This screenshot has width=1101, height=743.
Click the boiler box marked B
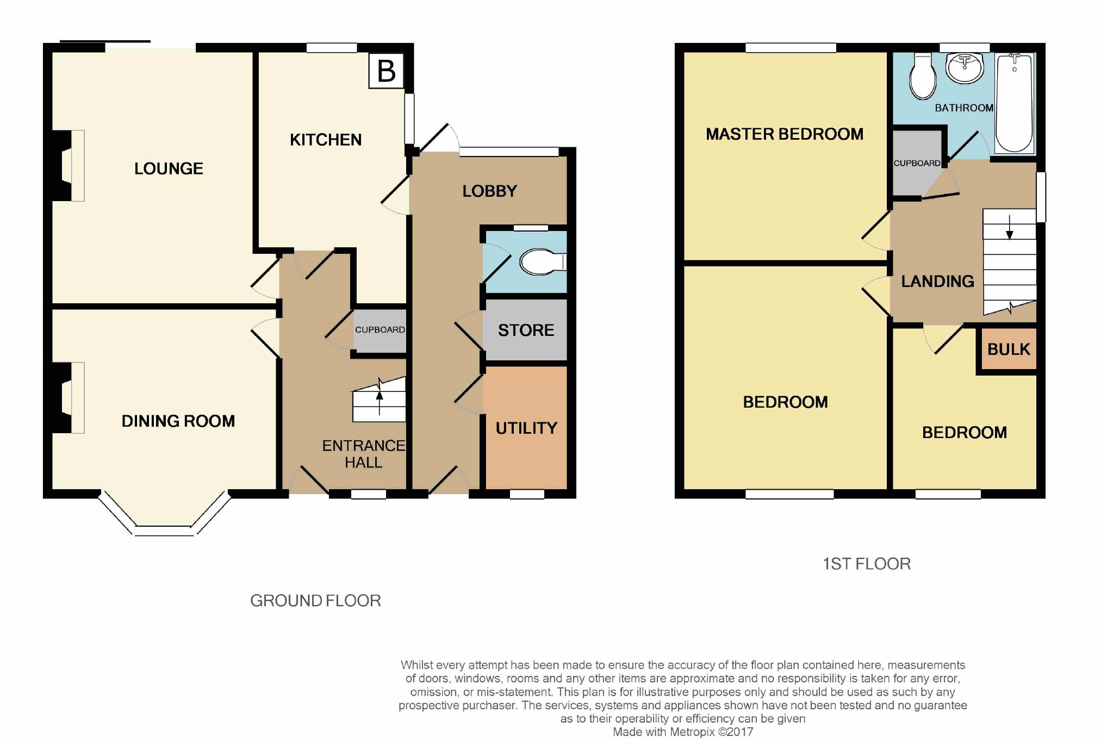pos(386,71)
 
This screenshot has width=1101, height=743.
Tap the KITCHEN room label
pos(326,140)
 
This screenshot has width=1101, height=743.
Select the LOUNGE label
pos(169,168)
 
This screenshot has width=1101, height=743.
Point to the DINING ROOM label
pos(178,421)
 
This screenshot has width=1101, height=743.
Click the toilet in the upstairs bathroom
pos(923,76)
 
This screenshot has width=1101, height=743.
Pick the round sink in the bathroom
pos(965,68)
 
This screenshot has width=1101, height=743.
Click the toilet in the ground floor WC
pos(543,262)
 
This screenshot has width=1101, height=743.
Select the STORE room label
pos(526,330)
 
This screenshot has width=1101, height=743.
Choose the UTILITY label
pos(526,428)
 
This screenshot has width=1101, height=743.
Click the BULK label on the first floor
pos(1009,349)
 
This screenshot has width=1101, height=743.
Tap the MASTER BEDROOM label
pos(785,134)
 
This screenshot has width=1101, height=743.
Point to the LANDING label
pos(937,281)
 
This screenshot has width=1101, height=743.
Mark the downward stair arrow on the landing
pos(1010,227)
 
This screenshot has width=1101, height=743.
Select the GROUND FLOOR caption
pos(315,601)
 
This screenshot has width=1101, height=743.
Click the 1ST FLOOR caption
pos(867,564)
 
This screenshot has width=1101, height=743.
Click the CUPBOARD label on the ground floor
pos(380,329)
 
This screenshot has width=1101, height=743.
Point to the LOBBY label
pos(489,191)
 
